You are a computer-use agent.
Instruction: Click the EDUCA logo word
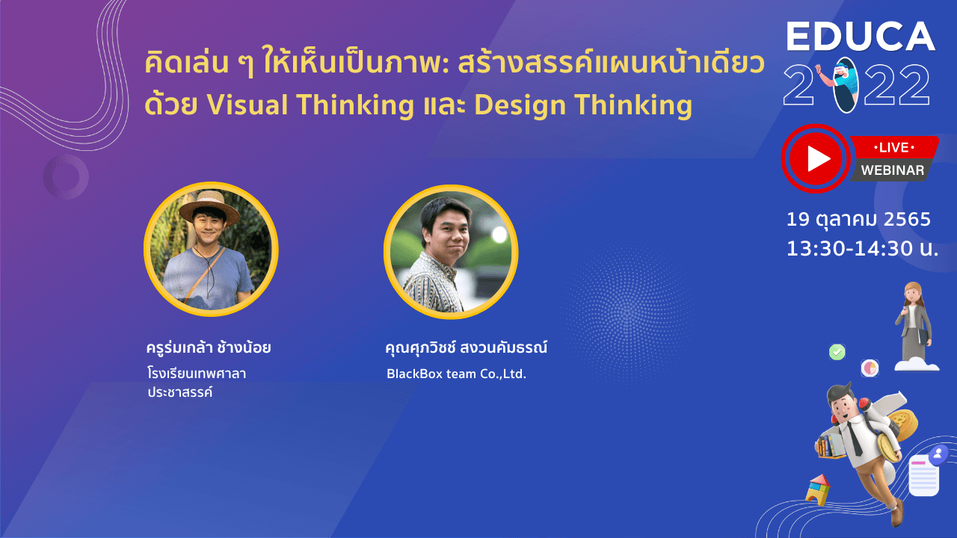(861, 37)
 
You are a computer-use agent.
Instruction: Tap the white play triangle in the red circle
(818, 159)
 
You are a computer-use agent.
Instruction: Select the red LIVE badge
(894, 148)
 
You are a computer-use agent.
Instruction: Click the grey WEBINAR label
(892, 170)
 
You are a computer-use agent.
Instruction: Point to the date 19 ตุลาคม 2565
(858, 220)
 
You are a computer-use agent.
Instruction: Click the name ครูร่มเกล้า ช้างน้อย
(209, 347)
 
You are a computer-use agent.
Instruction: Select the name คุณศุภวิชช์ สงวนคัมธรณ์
(466, 348)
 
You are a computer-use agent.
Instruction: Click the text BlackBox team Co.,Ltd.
(456, 374)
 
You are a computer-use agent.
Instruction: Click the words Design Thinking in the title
(583, 105)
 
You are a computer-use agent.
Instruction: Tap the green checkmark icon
(837, 352)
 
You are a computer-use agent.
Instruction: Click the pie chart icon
(870, 368)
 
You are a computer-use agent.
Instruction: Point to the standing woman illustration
(914, 324)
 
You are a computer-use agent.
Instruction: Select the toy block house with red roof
(817, 489)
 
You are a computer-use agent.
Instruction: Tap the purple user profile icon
(938, 454)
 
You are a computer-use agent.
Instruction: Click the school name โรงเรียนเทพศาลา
(197, 374)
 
